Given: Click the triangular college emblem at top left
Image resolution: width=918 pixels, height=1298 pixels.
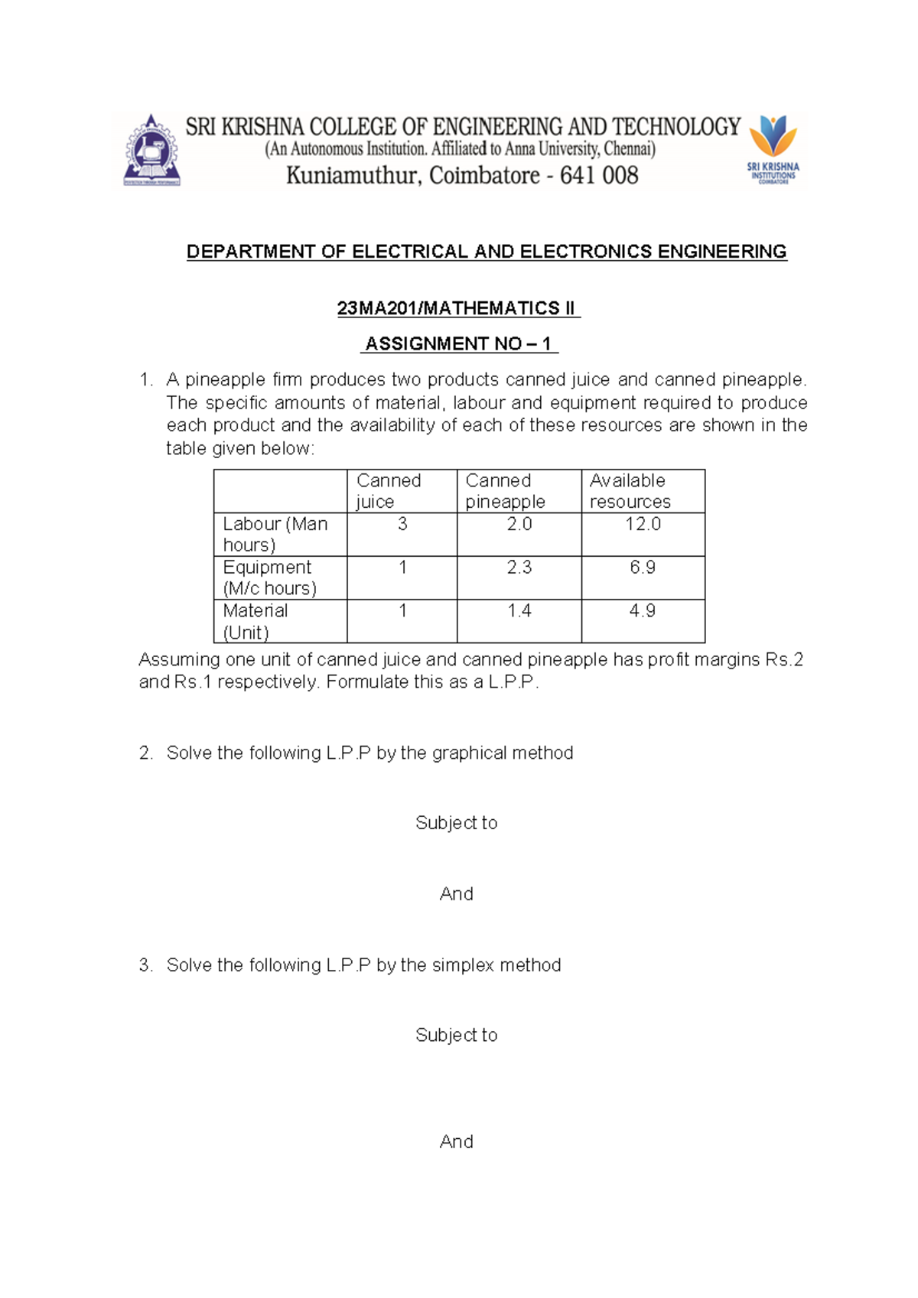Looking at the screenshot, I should point(152,152).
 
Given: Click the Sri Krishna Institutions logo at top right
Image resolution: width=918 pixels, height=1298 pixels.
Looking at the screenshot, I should point(773,150).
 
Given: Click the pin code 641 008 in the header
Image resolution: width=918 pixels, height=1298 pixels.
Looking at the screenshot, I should point(599,176).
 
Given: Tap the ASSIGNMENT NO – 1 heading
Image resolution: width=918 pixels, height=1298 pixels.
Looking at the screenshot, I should point(458,344).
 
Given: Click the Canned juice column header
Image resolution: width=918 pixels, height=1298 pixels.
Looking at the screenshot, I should point(389,491).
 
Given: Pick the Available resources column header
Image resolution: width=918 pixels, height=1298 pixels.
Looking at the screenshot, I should point(630,491).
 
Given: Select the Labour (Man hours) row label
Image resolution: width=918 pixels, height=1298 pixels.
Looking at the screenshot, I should point(275,534).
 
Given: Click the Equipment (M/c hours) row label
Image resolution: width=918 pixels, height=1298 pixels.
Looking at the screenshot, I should point(269,577).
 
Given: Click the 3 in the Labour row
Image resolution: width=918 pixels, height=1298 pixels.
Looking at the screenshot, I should point(402,524).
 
